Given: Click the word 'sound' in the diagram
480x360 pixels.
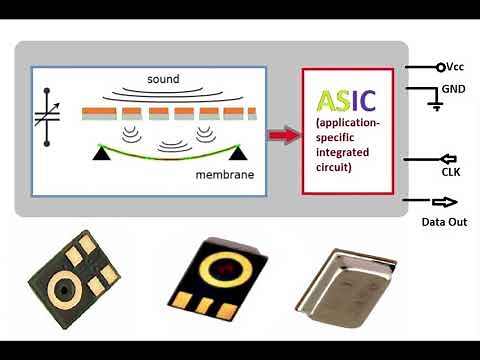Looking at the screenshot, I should (163, 79).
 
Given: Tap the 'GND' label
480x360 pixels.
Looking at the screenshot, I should (454, 88).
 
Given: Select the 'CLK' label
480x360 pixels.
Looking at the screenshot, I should (449, 171).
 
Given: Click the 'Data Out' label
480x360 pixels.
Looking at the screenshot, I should (446, 220).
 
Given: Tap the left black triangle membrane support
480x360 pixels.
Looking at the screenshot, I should (102, 153).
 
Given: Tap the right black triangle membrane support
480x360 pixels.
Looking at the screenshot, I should (237, 153).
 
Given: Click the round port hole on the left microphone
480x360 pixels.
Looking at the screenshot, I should (64, 289).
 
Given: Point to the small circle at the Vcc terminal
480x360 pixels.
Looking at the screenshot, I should (440, 67).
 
